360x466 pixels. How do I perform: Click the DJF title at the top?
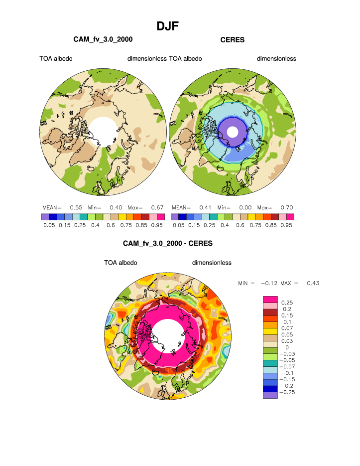pyautogui.click(x=167, y=26)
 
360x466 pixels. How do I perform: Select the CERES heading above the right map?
pyautogui.click(x=233, y=40)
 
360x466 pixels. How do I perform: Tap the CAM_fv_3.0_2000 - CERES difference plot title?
pyautogui.click(x=167, y=244)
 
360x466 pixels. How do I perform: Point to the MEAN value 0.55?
pyautogui.click(x=76, y=207)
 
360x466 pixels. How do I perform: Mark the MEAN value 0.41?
pyautogui.click(x=205, y=207)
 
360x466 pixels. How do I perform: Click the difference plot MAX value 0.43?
pyautogui.click(x=313, y=283)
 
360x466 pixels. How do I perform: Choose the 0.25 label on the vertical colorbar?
pyautogui.click(x=287, y=303)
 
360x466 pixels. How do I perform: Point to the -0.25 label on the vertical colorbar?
pyautogui.click(x=289, y=392)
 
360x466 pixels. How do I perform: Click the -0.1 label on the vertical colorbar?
pyautogui.click(x=288, y=373)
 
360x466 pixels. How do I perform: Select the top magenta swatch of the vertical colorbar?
pyautogui.click(x=269, y=299)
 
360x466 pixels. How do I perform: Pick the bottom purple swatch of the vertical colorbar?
pyautogui.click(x=269, y=395)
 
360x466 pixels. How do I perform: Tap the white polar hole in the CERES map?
pyautogui.click(x=233, y=132)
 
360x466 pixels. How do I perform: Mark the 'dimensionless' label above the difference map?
pyautogui.click(x=212, y=263)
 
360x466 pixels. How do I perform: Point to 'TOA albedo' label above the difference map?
pyautogui.click(x=120, y=263)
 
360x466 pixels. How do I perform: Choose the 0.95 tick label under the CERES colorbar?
pyautogui.click(x=286, y=225)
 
